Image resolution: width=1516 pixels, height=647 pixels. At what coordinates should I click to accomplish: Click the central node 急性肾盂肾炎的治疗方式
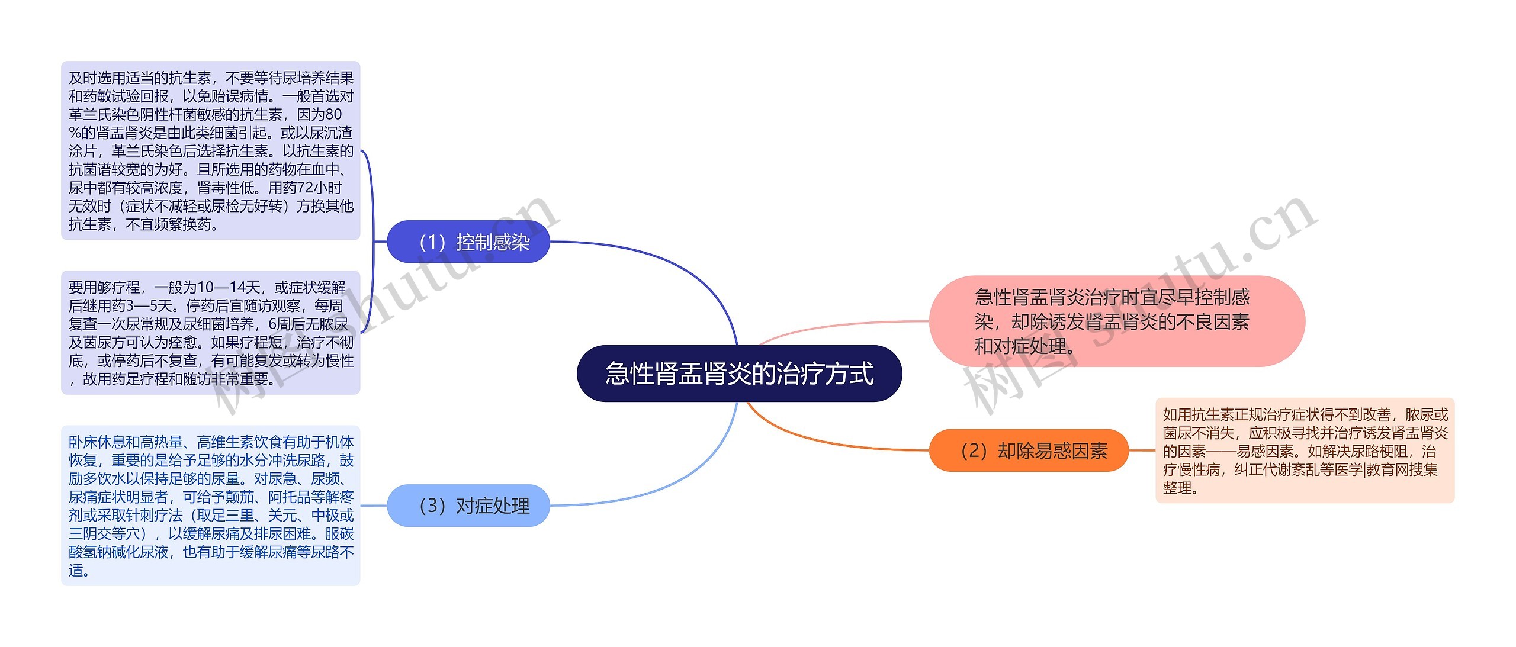point(739,374)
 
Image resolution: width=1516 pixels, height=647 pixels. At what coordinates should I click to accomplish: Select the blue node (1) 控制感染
point(468,242)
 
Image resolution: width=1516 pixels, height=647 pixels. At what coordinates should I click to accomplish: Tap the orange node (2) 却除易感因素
point(1029,450)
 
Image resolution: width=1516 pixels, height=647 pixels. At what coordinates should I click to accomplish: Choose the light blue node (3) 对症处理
point(468,506)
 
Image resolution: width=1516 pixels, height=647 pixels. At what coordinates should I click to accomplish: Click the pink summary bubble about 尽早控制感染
point(1116,321)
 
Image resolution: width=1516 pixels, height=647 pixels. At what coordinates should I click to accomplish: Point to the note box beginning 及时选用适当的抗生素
point(211,150)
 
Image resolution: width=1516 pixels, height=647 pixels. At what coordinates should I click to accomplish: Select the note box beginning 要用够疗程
point(211,333)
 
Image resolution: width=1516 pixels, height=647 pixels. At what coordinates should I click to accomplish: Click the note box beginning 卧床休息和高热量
point(211,506)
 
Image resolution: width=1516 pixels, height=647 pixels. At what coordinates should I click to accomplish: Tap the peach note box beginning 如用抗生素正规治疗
point(1305,450)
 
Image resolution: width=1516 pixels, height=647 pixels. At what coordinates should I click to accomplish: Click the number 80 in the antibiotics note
point(333,114)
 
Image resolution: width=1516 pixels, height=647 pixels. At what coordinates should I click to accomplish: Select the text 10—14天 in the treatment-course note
point(229,288)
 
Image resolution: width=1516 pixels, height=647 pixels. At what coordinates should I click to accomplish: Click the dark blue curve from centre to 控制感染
point(681,266)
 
